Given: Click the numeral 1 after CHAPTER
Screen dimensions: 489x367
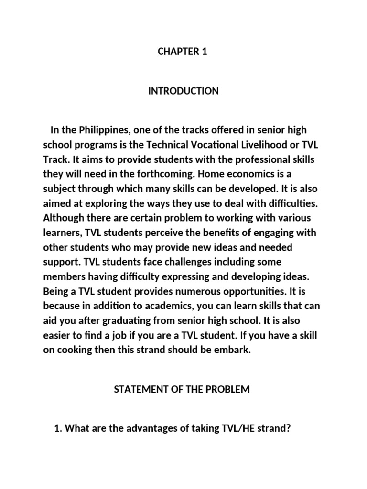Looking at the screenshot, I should pyautogui.click(x=205, y=52).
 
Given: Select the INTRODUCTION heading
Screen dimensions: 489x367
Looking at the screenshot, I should pyautogui.click(x=183, y=91).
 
